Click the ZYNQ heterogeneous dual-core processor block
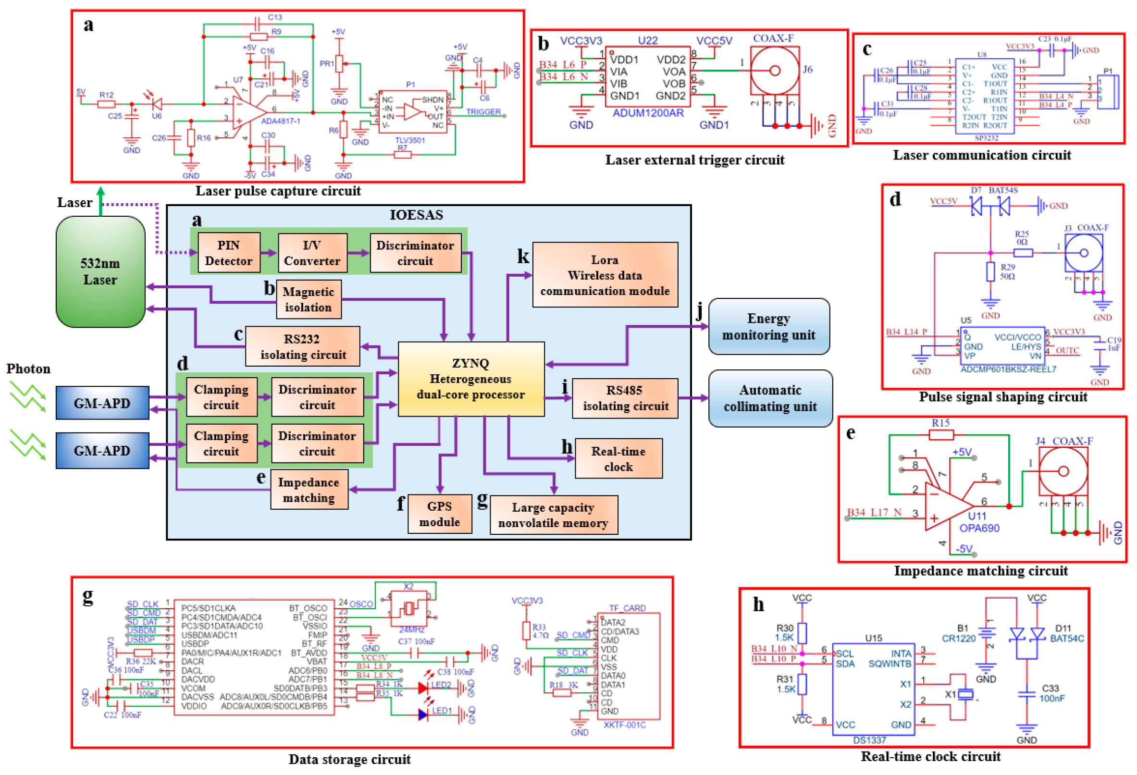pyautogui.click(x=470, y=379)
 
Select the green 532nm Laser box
pyautogui.click(x=100, y=271)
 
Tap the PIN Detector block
pyautogui.click(x=228, y=252)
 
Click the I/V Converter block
pyautogui.click(x=312, y=252)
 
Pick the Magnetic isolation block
pyautogui.click(x=308, y=299)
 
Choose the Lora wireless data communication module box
pyautogui.click(x=605, y=274)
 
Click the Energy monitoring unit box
pyautogui.click(x=768, y=326)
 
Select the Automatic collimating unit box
pyautogui.click(x=770, y=398)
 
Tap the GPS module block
pyautogui.click(x=439, y=514)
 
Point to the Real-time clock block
pyautogui.click(x=618, y=458)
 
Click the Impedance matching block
pyautogui.click(x=309, y=490)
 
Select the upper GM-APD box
pyautogui.click(x=102, y=403)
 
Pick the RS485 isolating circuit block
pyautogui.click(x=625, y=398)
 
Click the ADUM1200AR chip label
pyautogui.click(x=648, y=113)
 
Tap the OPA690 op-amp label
pyautogui.click(x=979, y=528)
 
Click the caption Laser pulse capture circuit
pyautogui.click(x=278, y=191)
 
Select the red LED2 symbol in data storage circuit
pyautogui.click(x=423, y=689)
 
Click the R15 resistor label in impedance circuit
pyautogui.click(x=940, y=423)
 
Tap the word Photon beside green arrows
pyautogui.click(x=28, y=369)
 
